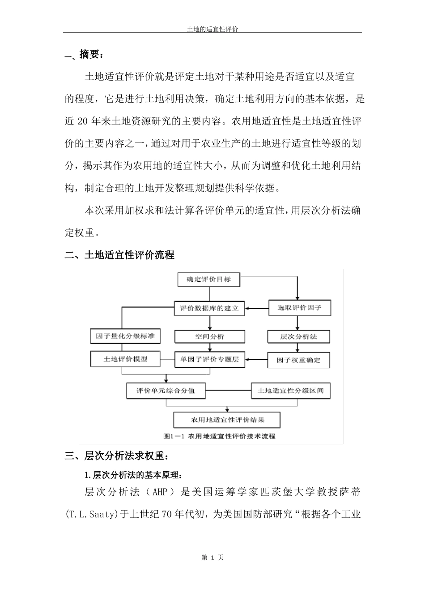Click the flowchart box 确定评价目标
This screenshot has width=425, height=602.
(x=209, y=279)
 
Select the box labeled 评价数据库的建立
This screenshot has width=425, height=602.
(x=209, y=308)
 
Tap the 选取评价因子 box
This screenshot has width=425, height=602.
(x=299, y=308)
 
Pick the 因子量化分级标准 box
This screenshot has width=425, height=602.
(x=125, y=336)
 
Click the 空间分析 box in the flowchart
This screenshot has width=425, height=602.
(x=209, y=336)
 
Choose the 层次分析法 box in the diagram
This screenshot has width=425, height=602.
(x=298, y=336)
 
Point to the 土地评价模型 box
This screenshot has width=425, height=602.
(x=125, y=359)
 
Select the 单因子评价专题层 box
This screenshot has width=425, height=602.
(x=209, y=359)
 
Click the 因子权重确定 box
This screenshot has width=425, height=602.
(x=298, y=360)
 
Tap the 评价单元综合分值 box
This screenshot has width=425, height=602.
(x=166, y=391)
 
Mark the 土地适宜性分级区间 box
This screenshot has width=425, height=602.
(x=290, y=391)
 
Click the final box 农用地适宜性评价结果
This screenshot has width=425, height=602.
(x=227, y=420)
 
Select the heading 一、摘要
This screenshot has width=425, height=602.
(x=85, y=55)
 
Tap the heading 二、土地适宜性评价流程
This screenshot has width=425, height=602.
(x=119, y=255)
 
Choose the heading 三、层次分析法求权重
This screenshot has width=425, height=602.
(x=117, y=456)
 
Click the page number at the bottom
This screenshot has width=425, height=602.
(x=212, y=557)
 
